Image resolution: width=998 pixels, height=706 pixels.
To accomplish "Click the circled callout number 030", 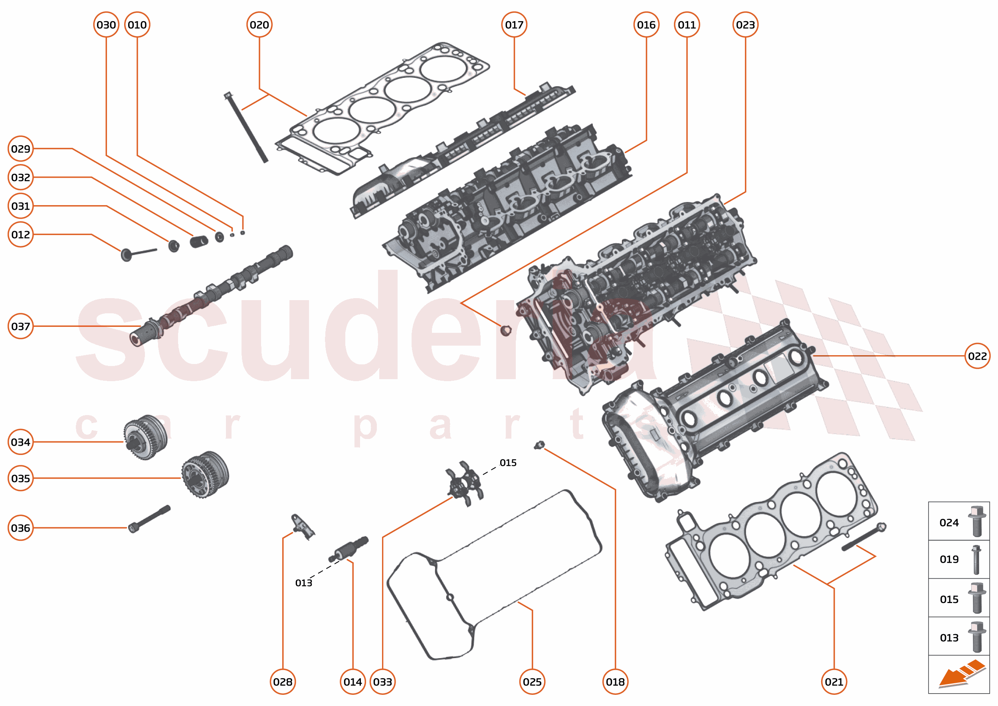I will click(x=106, y=25).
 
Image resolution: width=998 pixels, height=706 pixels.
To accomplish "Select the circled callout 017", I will click(x=514, y=25).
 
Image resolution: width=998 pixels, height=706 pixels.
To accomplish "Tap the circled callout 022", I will click(x=977, y=356).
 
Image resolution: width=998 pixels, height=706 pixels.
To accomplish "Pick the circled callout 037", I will click(x=20, y=326).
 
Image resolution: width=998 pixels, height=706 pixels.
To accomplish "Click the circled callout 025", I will click(x=532, y=682).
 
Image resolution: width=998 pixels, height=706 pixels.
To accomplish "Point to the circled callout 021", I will click(x=834, y=682).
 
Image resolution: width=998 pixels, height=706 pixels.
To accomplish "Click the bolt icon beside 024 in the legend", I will click(x=977, y=522).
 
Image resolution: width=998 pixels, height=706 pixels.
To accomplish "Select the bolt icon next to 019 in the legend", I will click(x=976, y=560).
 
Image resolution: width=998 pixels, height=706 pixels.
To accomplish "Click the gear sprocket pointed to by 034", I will click(x=145, y=437).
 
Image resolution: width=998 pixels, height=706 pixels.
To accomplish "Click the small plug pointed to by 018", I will click(x=539, y=445).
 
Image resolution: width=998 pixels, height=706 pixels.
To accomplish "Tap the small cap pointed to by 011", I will click(x=505, y=330).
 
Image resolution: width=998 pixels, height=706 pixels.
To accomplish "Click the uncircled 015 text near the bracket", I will click(x=508, y=463).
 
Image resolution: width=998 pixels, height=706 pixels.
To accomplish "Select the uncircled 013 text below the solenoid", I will click(x=303, y=583).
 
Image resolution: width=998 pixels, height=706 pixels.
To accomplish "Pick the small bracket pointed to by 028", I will click(x=302, y=526).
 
